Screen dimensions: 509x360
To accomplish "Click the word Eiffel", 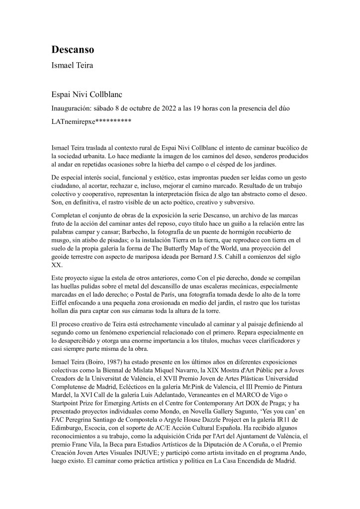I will pyautogui.click(x=61, y=304).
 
